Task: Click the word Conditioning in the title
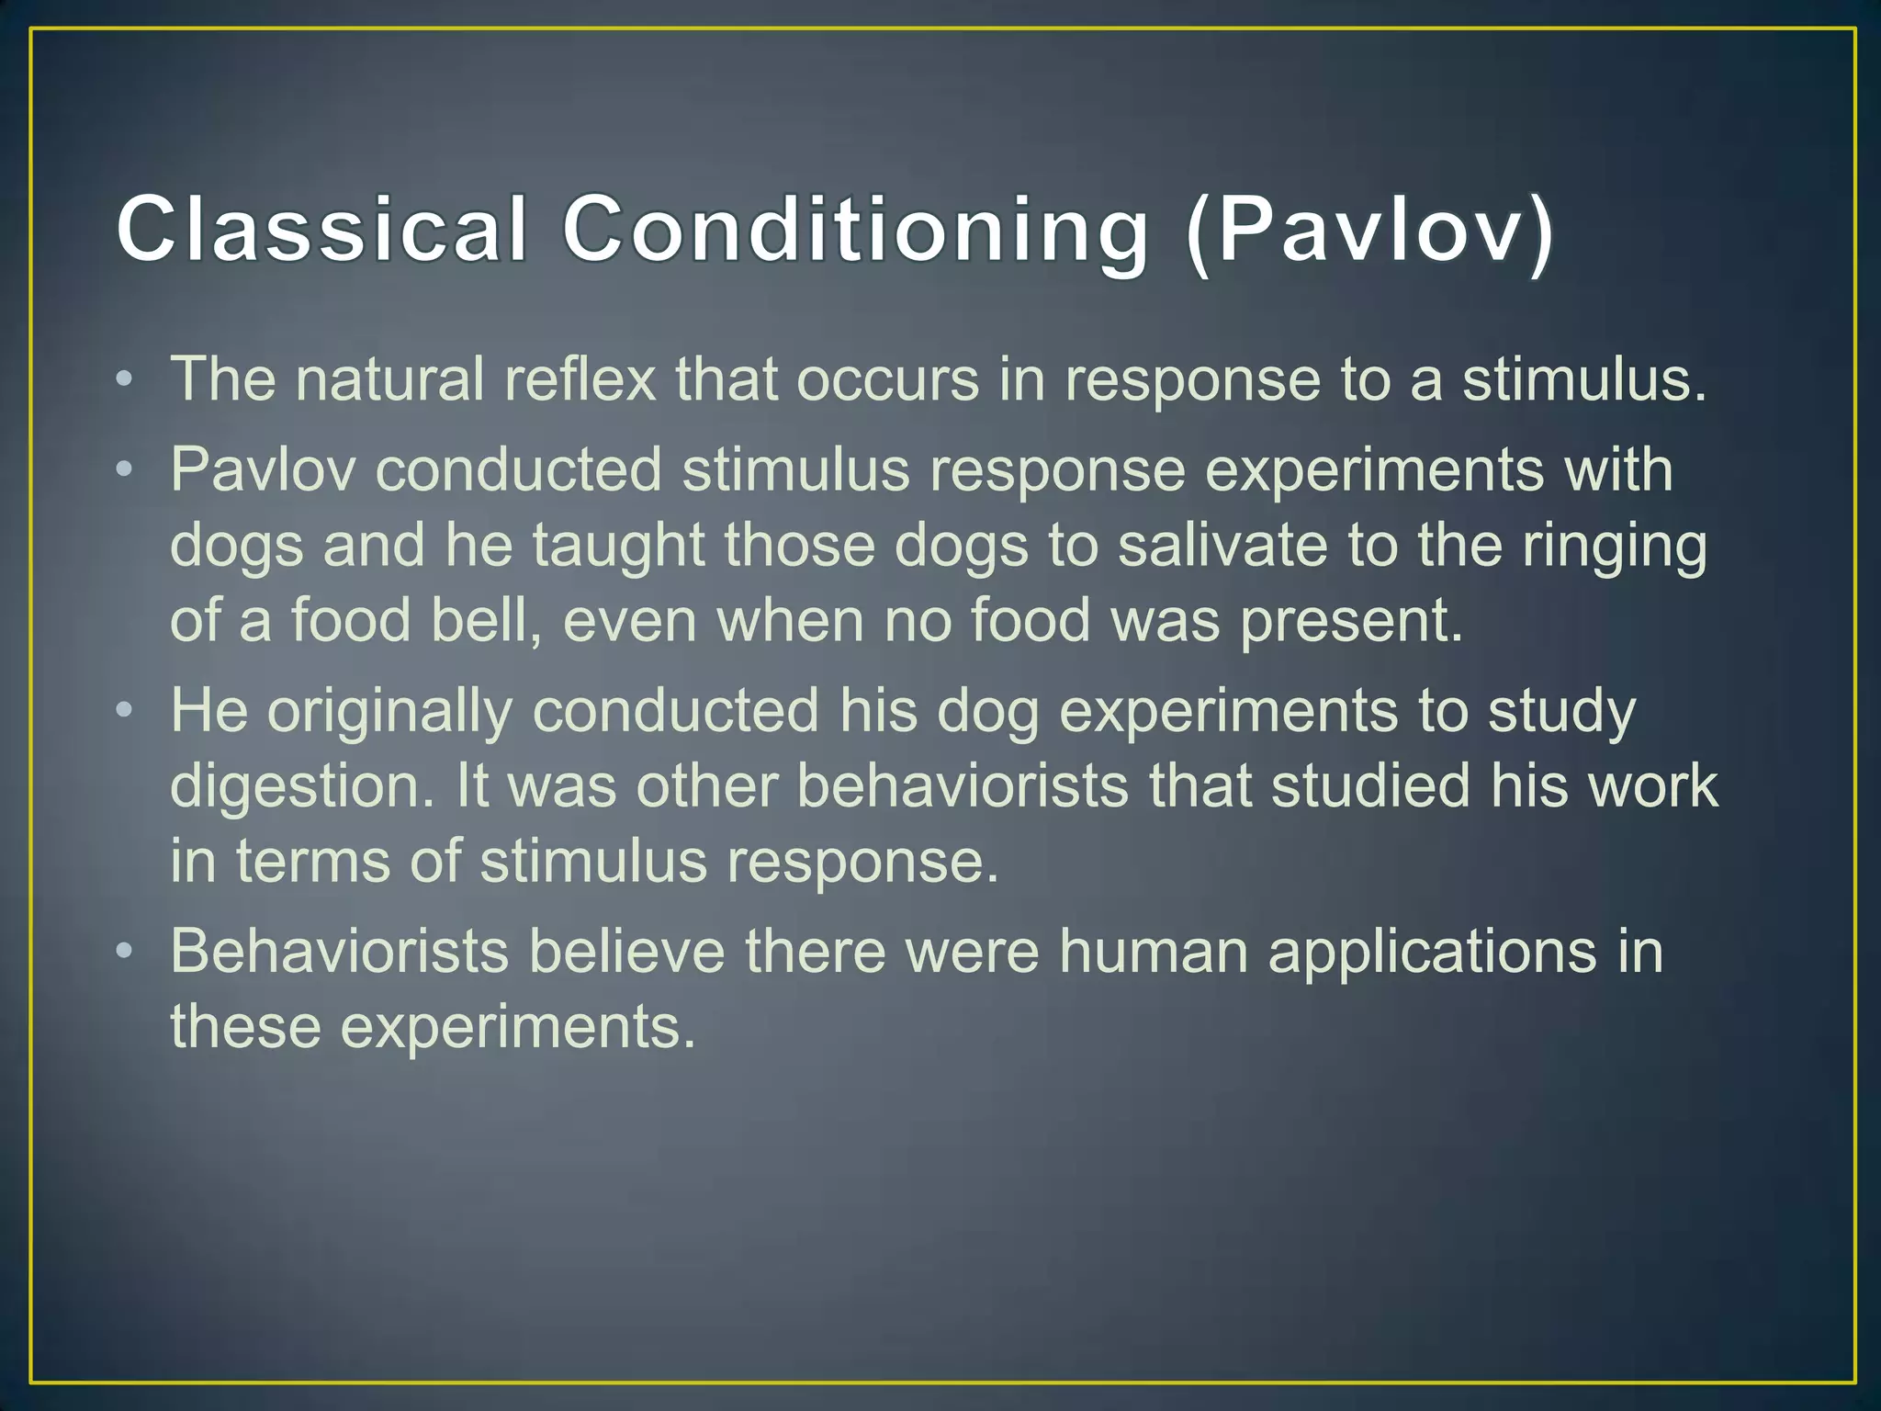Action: pos(855,230)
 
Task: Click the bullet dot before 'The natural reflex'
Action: pos(125,380)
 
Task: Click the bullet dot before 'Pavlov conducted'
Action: pos(125,470)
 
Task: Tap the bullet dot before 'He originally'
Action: pos(125,711)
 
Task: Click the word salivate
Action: pos(1222,545)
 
